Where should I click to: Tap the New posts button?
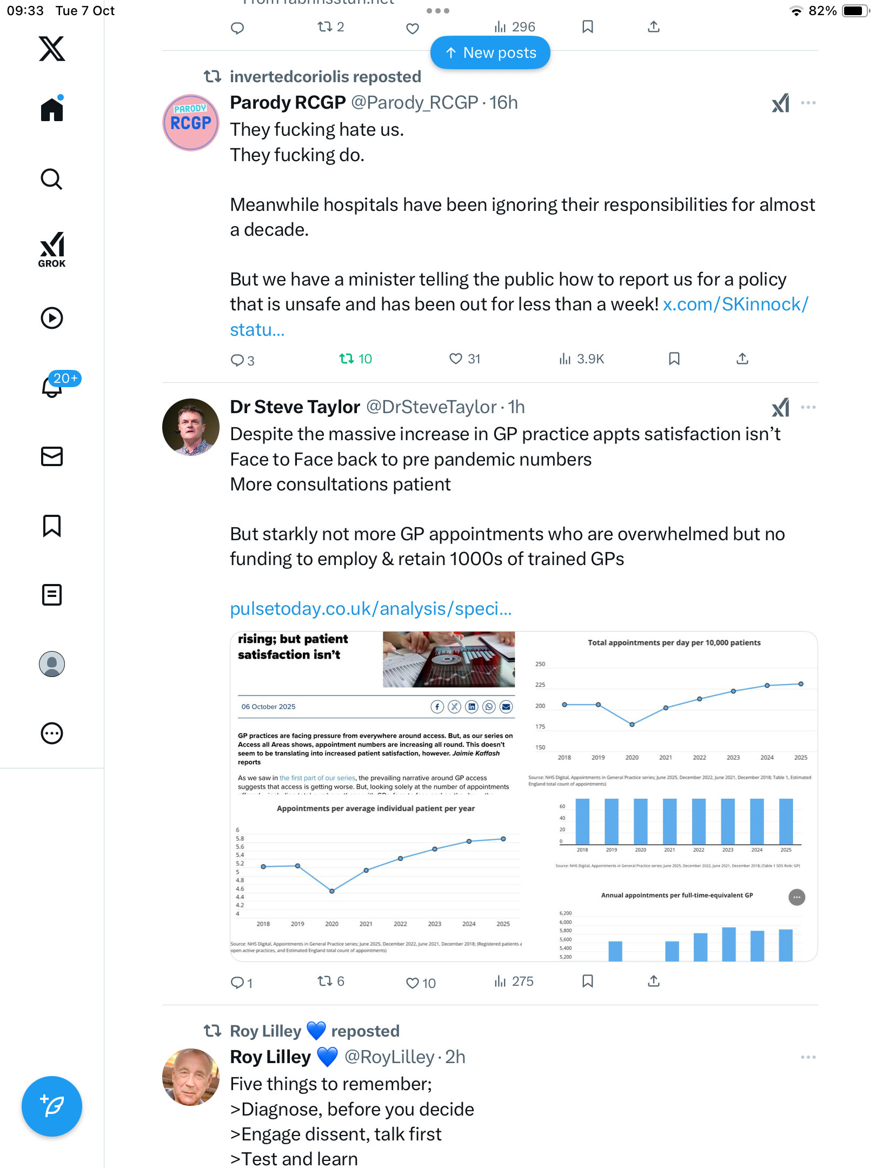pyautogui.click(x=490, y=53)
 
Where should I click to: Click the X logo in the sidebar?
pyautogui.click(x=52, y=49)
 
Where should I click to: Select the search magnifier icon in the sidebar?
pyautogui.click(x=52, y=179)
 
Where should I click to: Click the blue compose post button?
pyautogui.click(x=52, y=1106)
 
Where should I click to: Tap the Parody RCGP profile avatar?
pyautogui.click(x=191, y=123)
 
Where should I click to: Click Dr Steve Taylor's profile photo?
pyautogui.click(x=191, y=427)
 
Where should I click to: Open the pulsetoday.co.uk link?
pyautogui.click(x=370, y=609)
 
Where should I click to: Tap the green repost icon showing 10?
pyautogui.click(x=347, y=359)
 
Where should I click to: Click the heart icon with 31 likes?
pyautogui.click(x=456, y=359)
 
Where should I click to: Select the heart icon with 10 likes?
pyautogui.click(x=413, y=983)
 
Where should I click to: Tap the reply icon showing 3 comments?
pyautogui.click(x=237, y=360)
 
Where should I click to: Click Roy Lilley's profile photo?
pyautogui.click(x=191, y=1077)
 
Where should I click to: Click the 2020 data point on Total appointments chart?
pyautogui.click(x=632, y=725)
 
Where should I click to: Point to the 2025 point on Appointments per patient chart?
pyautogui.click(x=503, y=839)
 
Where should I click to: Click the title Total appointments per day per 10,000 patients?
pyautogui.click(x=674, y=643)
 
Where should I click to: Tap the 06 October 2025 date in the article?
pyautogui.click(x=268, y=707)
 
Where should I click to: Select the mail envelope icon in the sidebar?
pyautogui.click(x=52, y=456)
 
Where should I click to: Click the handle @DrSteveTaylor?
pyautogui.click(x=431, y=407)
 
